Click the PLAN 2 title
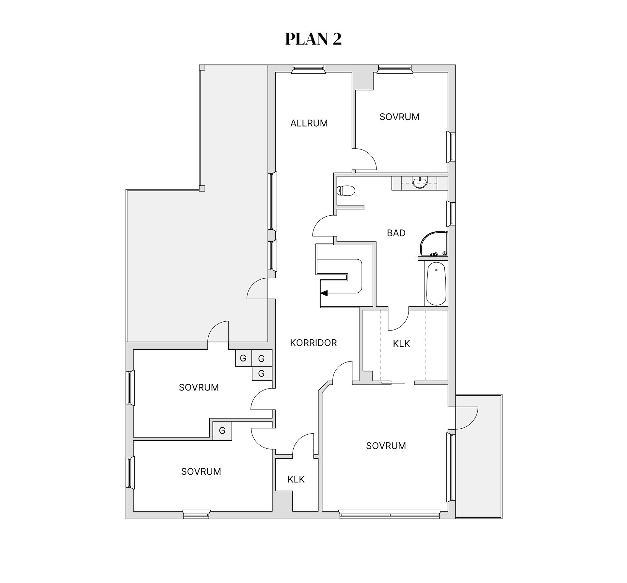click(313, 39)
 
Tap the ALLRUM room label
click(309, 123)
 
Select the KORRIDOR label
click(313, 343)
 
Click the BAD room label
click(396, 233)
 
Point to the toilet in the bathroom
click(346, 191)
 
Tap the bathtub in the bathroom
click(436, 284)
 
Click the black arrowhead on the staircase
click(324, 293)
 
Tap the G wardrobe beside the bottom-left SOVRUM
click(222, 431)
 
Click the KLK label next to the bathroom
click(401, 344)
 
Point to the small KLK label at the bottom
click(296, 479)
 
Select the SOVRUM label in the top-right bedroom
click(399, 117)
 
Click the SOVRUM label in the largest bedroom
click(386, 446)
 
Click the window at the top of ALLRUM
click(308, 69)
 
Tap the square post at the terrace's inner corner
click(202, 189)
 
